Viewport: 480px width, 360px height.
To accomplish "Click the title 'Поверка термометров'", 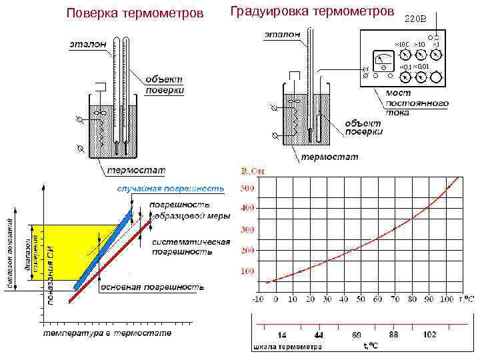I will coord(135,13).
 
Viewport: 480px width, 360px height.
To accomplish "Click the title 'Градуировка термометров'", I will coord(312,11).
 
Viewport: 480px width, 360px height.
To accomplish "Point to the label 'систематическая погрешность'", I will coord(190,247).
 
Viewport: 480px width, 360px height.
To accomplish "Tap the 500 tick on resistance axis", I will coord(247,188).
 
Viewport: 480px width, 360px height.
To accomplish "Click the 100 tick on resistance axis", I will coord(247,271).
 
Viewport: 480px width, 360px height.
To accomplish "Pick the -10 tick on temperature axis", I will coord(257,299).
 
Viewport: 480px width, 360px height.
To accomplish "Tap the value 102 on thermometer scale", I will coord(429,334).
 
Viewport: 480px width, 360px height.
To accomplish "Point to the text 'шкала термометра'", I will coord(287,346).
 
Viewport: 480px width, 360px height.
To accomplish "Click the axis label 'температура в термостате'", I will coord(107,333).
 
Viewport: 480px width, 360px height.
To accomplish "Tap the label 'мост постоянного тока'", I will coord(417,103).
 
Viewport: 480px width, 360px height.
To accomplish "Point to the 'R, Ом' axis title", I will coord(253,171).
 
